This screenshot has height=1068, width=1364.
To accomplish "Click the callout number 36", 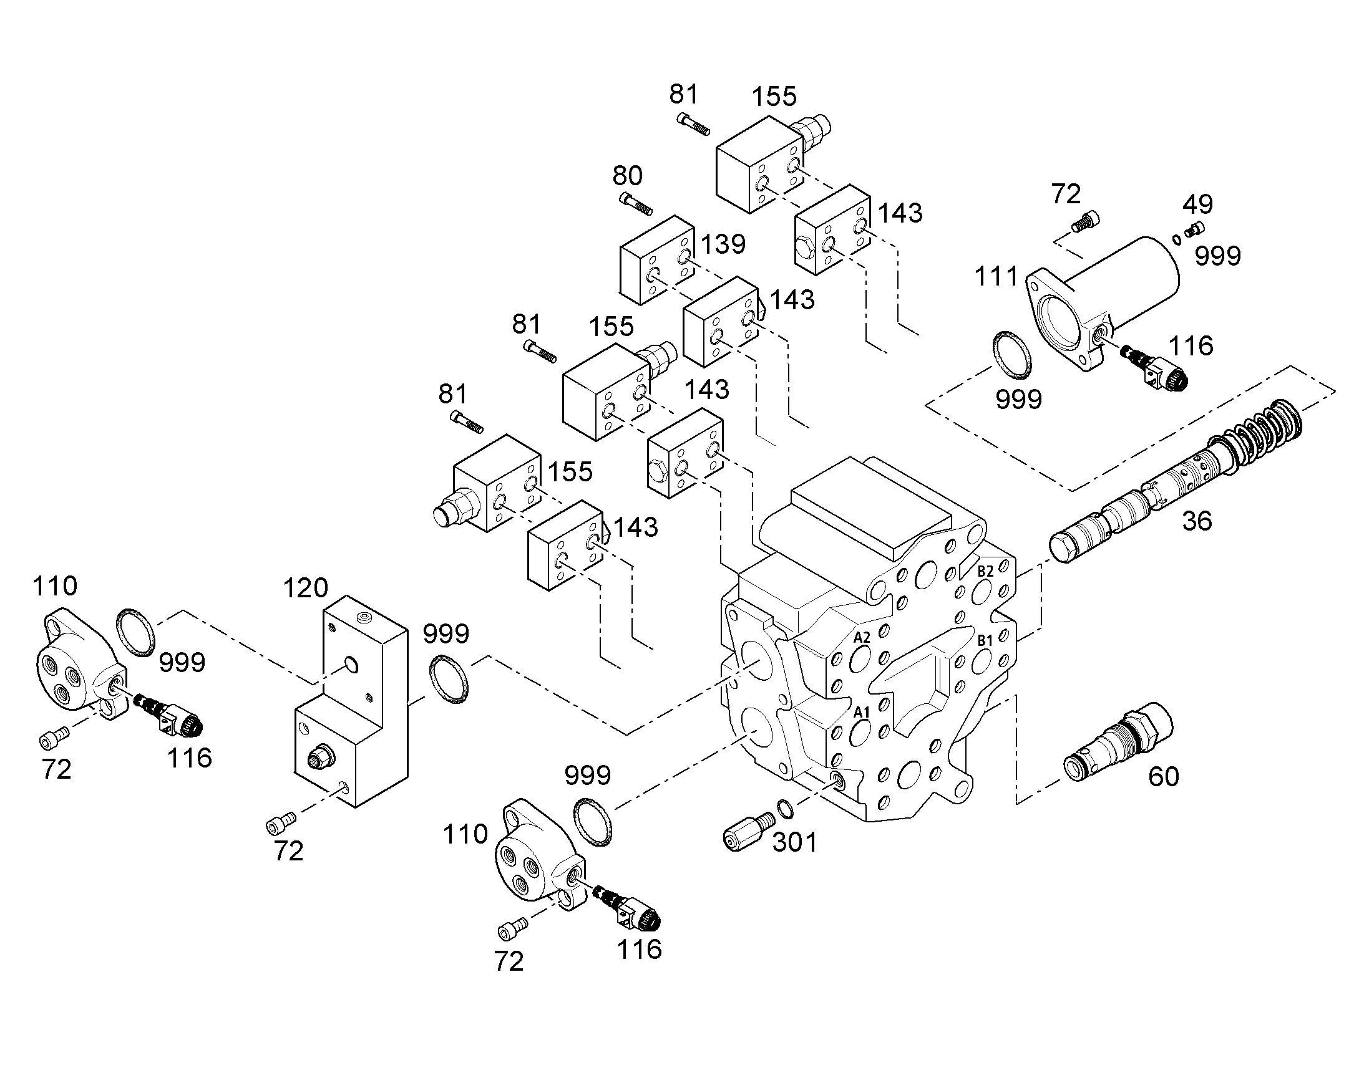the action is (1197, 521).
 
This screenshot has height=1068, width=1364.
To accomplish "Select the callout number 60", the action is (1163, 777).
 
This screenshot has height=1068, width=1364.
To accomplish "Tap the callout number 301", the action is (794, 842).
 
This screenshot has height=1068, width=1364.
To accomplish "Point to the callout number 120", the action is (305, 588).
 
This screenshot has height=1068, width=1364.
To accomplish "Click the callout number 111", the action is (996, 276).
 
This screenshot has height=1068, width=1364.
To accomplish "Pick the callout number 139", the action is (723, 244).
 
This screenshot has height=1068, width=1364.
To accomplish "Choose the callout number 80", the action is (628, 176).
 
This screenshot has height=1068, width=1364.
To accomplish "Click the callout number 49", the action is (1198, 204).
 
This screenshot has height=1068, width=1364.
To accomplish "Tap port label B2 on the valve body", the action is (985, 571).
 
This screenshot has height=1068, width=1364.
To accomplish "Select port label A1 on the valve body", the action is (862, 711).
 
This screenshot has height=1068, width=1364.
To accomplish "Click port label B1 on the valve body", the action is (985, 640).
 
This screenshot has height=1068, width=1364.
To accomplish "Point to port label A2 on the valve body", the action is (862, 638).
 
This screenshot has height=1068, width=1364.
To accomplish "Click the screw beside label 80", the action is (636, 203).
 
